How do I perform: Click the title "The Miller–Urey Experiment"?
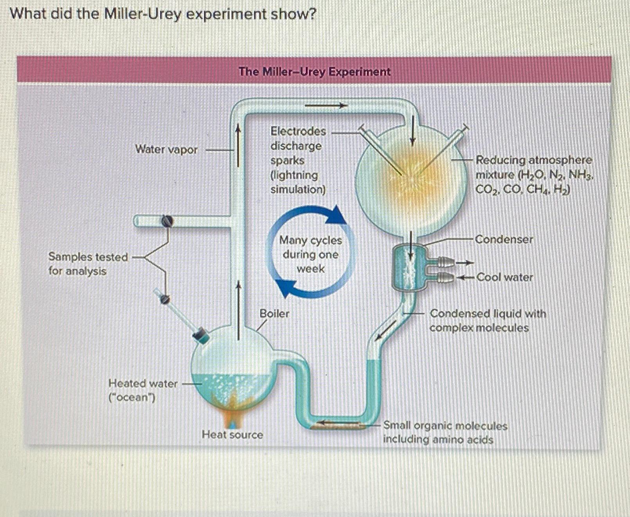coord(315,72)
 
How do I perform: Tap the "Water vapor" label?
coord(166,149)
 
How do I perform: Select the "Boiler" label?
coord(274,313)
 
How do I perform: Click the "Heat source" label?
coord(232,435)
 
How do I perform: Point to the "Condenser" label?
coord(504,239)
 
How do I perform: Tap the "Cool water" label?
coord(505,277)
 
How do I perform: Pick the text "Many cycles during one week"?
coord(310,254)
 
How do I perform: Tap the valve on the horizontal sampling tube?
coord(167,221)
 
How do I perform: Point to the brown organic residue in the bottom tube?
coord(338,426)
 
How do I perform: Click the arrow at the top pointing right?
coord(326,105)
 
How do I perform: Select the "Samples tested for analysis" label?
coord(88,264)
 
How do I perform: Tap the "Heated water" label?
coord(143,383)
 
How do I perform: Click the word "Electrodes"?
coord(298,131)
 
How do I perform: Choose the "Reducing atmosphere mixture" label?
coord(534,174)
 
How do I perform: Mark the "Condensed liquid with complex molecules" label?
coord(488,320)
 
